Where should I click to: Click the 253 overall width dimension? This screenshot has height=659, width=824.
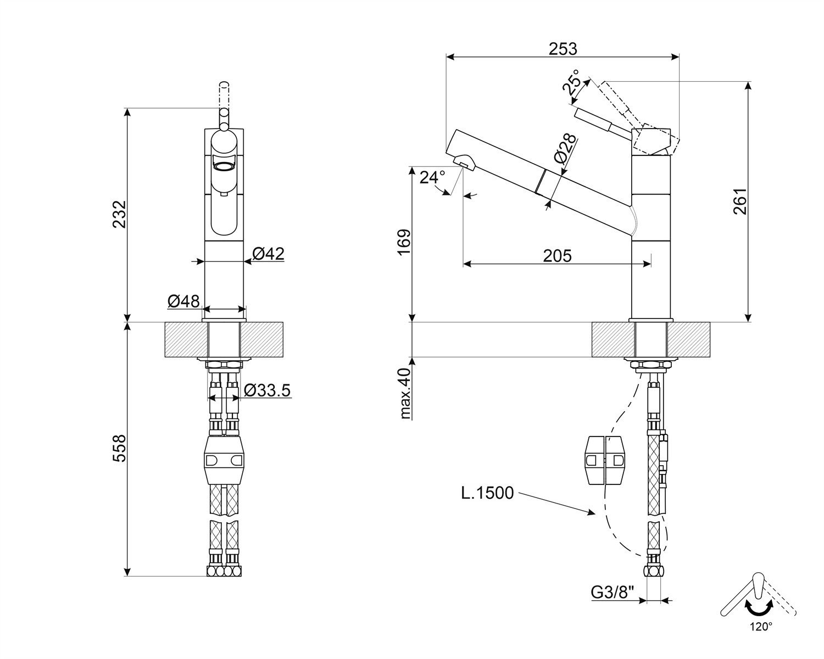point(563,49)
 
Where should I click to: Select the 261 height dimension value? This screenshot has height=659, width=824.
point(740,201)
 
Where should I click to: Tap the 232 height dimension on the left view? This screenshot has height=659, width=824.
point(119,214)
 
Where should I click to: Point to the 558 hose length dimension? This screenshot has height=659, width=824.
point(119,449)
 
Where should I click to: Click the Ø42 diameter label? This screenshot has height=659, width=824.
point(269,254)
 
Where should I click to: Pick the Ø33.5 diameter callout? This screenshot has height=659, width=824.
point(268,390)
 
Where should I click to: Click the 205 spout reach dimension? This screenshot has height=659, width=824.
point(557,256)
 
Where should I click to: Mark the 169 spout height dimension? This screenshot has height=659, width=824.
point(404,242)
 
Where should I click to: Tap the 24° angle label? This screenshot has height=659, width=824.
point(432,177)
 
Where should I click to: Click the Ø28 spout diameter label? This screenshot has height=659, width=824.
point(564,149)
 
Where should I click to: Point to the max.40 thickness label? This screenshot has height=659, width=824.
point(404,394)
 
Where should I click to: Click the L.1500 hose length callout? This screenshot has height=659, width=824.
point(487,493)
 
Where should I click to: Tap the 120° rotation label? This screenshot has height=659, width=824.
point(761,638)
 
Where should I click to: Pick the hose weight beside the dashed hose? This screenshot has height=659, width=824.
point(605,461)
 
